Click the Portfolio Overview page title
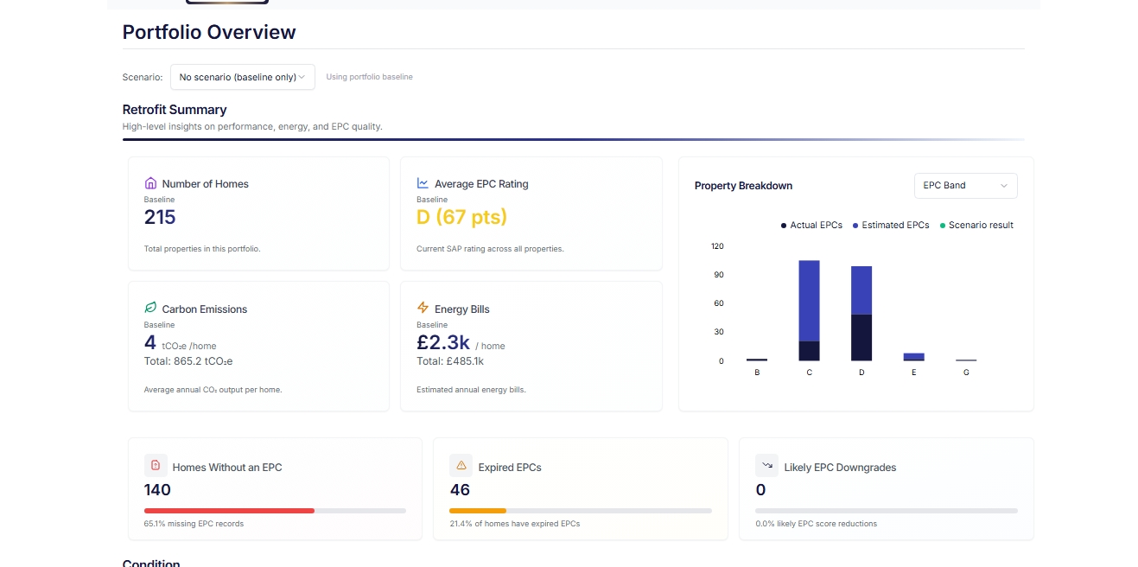[209, 33]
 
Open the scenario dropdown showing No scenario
[242, 77]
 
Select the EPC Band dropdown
[965, 186]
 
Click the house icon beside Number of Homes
[150, 183]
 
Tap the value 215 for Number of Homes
[160, 217]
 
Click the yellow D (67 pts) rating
[461, 217]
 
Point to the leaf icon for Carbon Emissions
[150, 309]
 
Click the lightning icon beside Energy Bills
[423, 309]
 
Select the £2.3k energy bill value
[443, 342]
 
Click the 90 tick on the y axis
[717, 275]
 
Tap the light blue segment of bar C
[809, 300]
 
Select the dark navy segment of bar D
[861, 338]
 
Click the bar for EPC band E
[913, 356]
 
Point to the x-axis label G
[966, 373]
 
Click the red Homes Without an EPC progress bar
[229, 511]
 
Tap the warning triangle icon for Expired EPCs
[461, 466]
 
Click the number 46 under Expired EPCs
[460, 490]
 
